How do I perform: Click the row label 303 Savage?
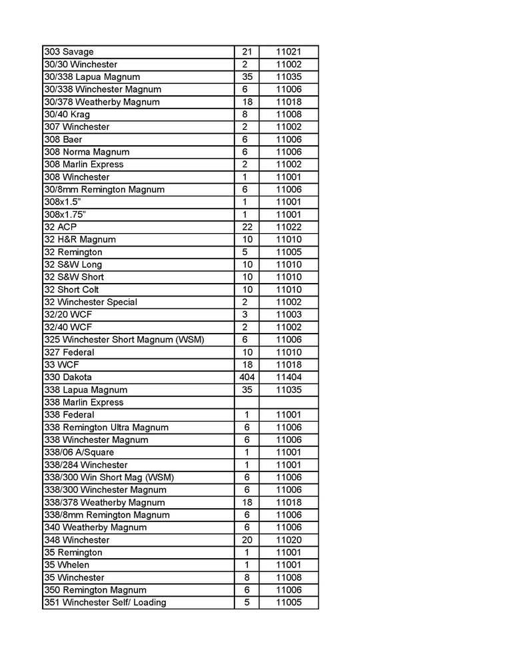pyautogui.click(x=69, y=52)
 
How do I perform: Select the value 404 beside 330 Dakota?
pyautogui.click(x=245, y=377)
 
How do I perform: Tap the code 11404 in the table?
pyautogui.click(x=288, y=377)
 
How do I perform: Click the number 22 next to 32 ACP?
pyautogui.click(x=245, y=227)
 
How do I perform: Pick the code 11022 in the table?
pyautogui.click(x=288, y=227)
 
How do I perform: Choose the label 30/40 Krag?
pyautogui.click(x=67, y=115)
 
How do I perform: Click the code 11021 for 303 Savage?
pyautogui.click(x=288, y=52)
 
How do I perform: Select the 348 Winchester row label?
pyautogui.click(x=77, y=540)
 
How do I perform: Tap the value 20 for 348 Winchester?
pyautogui.click(x=245, y=540)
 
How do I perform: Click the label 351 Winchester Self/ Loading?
pyautogui.click(x=105, y=603)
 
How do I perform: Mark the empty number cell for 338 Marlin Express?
pyautogui.click(x=245, y=402)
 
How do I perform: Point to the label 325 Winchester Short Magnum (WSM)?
pyautogui.click(x=124, y=340)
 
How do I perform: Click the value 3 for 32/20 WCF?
pyautogui.click(x=245, y=314)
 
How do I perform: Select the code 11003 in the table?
pyautogui.click(x=288, y=314)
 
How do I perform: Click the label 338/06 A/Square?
pyautogui.click(x=79, y=452)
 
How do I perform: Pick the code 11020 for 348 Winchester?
pyautogui.click(x=288, y=540)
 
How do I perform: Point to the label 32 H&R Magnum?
pyautogui.click(x=79, y=240)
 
